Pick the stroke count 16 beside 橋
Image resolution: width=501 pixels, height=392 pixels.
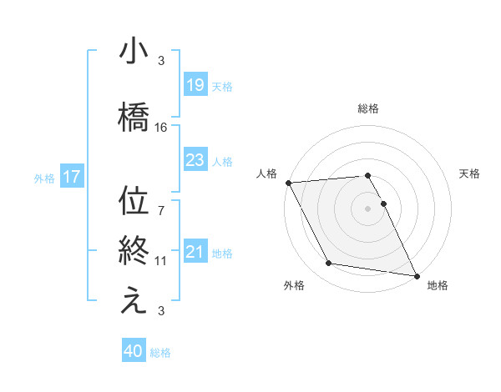click(161, 128)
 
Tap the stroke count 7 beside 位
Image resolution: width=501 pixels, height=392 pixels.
click(161, 202)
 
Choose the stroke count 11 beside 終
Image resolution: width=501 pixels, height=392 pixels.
click(161, 261)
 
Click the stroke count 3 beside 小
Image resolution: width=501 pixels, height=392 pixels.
click(161, 61)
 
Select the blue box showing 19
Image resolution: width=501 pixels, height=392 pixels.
click(195, 84)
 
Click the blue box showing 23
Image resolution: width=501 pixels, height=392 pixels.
click(195, 161)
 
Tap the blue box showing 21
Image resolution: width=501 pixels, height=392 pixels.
click(195, 252)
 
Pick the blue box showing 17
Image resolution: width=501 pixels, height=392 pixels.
click(71, 177)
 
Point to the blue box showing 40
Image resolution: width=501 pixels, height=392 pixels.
click(134, 352)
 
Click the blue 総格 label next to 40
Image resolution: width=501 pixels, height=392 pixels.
click(160, 353)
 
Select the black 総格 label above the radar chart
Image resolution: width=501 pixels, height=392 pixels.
click(368, 108)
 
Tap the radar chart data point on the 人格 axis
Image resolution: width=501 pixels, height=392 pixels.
click(288, 183)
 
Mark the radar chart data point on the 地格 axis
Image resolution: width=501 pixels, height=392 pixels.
click(416, 275)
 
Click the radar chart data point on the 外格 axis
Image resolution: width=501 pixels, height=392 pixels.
click(329, 264)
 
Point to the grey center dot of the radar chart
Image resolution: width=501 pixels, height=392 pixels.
click(368, 209)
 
